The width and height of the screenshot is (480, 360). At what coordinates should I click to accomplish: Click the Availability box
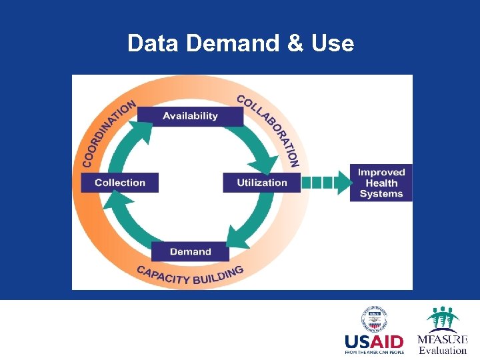pyautogui.click(x=190, y=116)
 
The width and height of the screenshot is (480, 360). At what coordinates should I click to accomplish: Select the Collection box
pyautogui.click(x=120, y=183)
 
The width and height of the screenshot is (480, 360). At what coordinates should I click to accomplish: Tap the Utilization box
pyautogui.click(x=262, y=183)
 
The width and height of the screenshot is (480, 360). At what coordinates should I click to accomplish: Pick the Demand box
pyautogui.click(x=190, y=251)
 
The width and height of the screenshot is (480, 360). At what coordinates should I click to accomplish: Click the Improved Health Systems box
pyautogui.click(x=381, y=183)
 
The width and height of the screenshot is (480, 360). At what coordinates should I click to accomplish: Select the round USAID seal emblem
pyautogui.click(x=374, y=319)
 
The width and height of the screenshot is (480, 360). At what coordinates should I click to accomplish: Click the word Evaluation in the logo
pyautogui.click(x=443, y=351)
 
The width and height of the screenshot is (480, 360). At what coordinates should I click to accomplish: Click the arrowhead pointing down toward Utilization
pyautogui.click(x=267, y=164)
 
